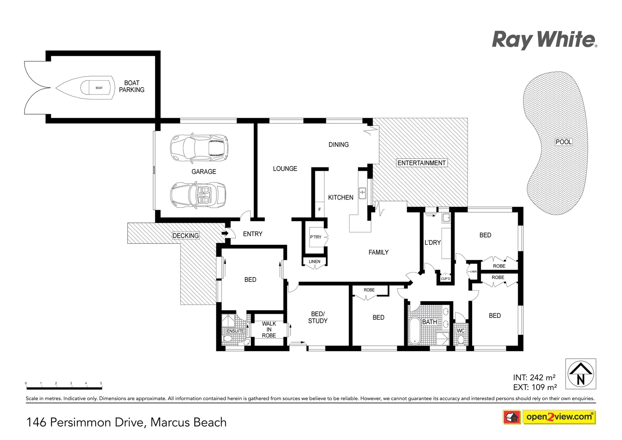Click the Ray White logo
click(x=544, y=40)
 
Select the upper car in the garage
click(x=199, y=147)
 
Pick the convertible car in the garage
click(x=199, y=195)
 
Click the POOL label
click(x=564, y=142)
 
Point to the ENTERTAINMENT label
click(x=422, y=163)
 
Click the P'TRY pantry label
click(x=316, y=237)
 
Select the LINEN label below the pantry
click(x=314, y=262)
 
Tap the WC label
click(x=461, y=331)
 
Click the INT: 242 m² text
click(x=534, y=378)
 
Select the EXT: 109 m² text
click(x=535, y=387)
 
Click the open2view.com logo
click(x=559, y=417)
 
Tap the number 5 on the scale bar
click(x=101, y=383)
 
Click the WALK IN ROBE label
click(x=269, y=330)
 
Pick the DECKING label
click(x=186, y=235)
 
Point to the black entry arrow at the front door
click(x=224, y=233)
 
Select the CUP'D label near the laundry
click(x=445, y=279)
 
